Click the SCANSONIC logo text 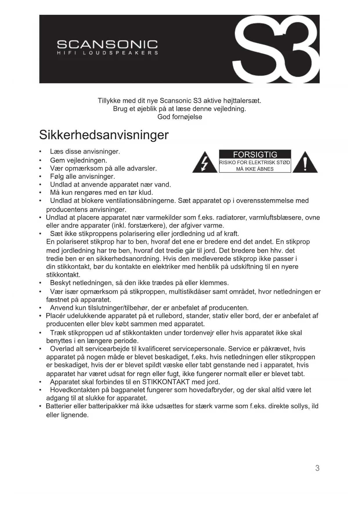107,44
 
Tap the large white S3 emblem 277,49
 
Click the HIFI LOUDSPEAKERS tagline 107,53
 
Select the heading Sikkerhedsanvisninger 104,135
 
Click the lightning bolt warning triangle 205,163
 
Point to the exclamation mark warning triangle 305,163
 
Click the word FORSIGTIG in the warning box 255,155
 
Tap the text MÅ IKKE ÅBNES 255,169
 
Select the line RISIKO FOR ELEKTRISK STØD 255,163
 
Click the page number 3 317,468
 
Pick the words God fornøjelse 180,117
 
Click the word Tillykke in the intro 109,101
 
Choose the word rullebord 169,316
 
